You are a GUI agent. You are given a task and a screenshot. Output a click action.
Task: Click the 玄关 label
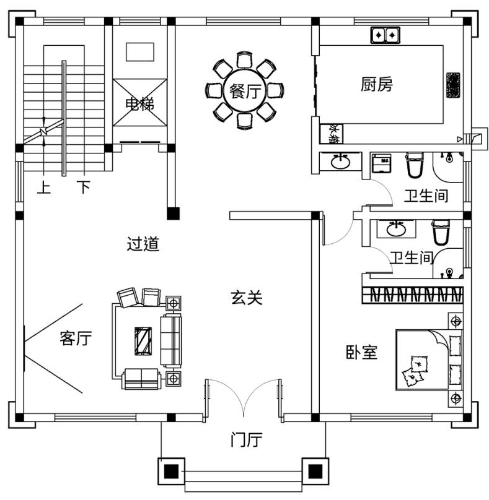click(x=247, y=298)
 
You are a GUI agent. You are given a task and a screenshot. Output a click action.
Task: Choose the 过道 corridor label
click(x=143, y=244)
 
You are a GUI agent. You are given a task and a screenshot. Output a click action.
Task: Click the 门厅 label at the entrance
click(x=247, y=441)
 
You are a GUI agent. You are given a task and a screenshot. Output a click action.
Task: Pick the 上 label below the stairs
click(x=43, y=187)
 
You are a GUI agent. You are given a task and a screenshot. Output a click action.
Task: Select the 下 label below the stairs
click(x=84, y=187)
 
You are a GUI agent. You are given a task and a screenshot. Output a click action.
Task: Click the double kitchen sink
click(x=384, y=35)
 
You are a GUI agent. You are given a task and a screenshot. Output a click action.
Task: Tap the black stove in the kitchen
click(x=454, y=85)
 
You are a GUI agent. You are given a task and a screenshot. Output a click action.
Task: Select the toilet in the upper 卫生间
click(x=414, y=165)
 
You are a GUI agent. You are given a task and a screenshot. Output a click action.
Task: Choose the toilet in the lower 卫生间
click(x=441, y=232)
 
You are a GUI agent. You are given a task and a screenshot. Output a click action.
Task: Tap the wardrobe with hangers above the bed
click(x=413, y=295)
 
